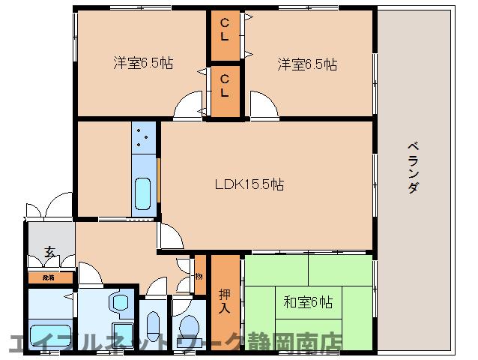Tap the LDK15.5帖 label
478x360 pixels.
249,183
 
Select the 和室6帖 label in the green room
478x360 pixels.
309,302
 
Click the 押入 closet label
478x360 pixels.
224,300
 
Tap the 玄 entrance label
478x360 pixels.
49,251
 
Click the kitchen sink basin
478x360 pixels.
142,194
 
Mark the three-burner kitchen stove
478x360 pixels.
142,139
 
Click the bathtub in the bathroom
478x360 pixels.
49,334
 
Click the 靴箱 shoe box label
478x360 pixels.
49,277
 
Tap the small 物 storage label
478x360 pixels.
199,276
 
